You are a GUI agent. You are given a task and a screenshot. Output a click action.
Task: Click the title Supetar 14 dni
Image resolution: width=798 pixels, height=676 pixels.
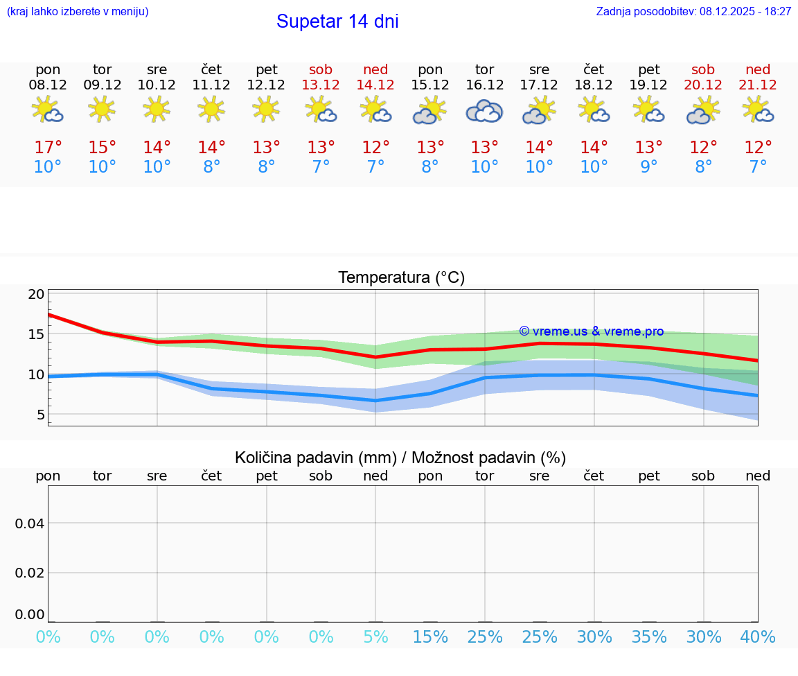pyautogui.click(x=337, y=21)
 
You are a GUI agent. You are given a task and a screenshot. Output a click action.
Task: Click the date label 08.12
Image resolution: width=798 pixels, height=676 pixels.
pyautogui.click(x=48, y=85)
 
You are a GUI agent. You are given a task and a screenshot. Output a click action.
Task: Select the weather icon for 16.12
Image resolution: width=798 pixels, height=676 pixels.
pyautogui.click(x=484, y=111)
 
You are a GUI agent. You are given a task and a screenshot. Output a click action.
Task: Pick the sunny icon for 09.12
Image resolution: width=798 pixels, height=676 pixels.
pyautogui.click(x=103, y=109)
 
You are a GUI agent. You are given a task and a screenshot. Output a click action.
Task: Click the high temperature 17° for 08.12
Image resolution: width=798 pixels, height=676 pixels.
pyautogui.click(x=48, y=148)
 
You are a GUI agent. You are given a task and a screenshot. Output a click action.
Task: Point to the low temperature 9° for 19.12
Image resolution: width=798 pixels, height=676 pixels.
pyautogui.click(x=649, y=167)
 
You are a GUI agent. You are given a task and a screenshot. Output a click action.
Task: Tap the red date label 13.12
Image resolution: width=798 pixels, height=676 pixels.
pyautogui.click(x=321, y=85)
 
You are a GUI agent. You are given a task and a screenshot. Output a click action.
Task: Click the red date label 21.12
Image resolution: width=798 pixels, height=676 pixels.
pyautogui.click(x=758, y=85)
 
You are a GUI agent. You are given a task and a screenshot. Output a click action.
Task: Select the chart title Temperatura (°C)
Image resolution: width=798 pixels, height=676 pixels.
pyautogui.click(x=401, y=278)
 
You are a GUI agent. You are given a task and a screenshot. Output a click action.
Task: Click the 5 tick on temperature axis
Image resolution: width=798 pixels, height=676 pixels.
pyautogui.click(x=41, y=415)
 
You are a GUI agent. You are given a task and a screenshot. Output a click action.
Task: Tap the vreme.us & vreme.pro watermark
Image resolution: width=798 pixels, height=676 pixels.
pyautogui.click(x=592, y=331)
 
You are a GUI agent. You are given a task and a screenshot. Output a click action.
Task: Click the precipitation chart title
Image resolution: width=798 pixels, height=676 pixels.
pyautogui.click(x=400, y=458)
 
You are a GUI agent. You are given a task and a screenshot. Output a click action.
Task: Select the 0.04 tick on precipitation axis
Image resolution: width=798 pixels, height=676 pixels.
pyautogui.click(x=30, y=523)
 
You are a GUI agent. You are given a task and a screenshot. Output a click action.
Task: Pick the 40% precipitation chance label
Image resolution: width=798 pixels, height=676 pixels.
pyautogui.click(x=758, y=637)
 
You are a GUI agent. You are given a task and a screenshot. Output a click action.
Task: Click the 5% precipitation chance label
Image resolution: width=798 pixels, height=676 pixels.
pyautogui.click(x=375, y=637)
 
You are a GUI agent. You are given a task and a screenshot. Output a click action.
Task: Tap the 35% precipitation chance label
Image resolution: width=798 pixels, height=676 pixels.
pyautogui.click(x=649, y=637)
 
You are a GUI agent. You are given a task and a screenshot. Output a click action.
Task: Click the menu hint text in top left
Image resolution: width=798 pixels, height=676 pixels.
pyautogui.click(x=78, y=12)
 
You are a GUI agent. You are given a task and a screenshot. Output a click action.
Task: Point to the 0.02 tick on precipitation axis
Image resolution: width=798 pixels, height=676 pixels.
pyautogui.click(x=30, y=573)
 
